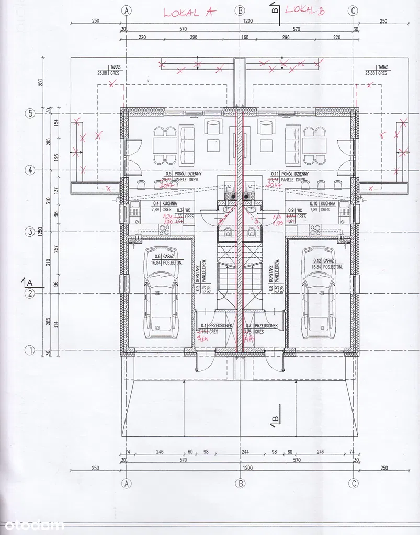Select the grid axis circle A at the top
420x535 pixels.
click(126, 10)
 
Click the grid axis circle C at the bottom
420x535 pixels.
click(354, 482)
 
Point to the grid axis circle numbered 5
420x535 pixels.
click(30, 113)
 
